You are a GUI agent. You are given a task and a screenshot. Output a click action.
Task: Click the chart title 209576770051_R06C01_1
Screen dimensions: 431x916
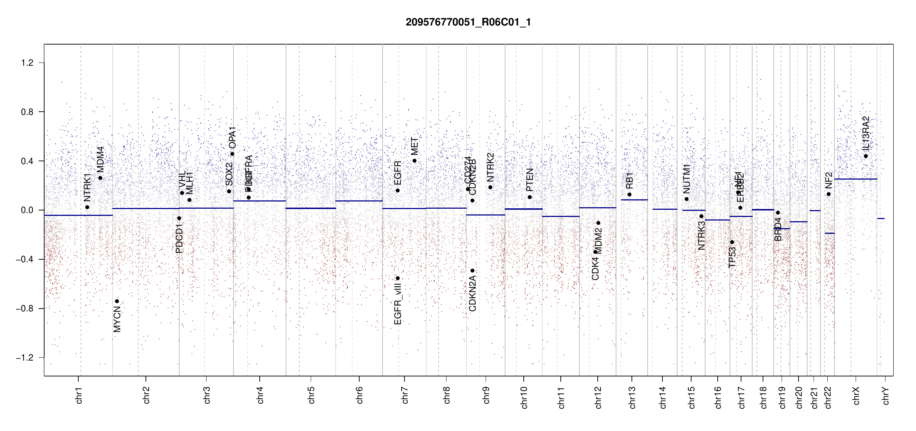(468, 22)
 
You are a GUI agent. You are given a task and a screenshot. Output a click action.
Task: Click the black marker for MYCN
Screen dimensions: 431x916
(117, 301)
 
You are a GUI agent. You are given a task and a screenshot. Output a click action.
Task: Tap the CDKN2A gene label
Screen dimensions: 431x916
(472, 293)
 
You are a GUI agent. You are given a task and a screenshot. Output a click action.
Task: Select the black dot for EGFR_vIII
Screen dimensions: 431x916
(398, 278)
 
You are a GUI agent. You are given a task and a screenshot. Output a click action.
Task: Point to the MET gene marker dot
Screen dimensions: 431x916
(415, 161)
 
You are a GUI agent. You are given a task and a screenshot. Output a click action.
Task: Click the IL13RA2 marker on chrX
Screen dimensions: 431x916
(866, 156)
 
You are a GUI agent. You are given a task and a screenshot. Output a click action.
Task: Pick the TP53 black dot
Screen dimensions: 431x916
(732, 242)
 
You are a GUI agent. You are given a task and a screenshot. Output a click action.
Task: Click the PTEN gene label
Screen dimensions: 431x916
(529, 180)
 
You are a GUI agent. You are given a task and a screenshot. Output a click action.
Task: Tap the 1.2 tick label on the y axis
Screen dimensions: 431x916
(27, 63)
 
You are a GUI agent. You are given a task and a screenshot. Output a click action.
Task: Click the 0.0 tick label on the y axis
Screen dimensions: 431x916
(27, 210)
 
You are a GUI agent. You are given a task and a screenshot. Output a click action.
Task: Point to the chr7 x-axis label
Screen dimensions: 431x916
(405, 395)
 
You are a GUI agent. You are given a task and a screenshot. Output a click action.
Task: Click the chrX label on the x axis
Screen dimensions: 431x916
(856, 395)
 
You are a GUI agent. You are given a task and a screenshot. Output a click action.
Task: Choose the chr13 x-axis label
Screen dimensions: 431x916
(632, 397)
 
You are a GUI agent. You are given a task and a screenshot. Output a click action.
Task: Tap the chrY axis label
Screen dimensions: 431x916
(886, 395)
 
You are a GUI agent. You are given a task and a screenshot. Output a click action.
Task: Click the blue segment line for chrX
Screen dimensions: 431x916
(855, 179)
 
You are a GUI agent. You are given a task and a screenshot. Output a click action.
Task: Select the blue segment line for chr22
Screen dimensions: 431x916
(829, 233)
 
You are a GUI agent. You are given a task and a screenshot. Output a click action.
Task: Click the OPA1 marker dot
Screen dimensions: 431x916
(232, 154)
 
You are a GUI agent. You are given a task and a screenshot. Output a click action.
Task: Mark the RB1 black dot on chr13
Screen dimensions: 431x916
(629, 194)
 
